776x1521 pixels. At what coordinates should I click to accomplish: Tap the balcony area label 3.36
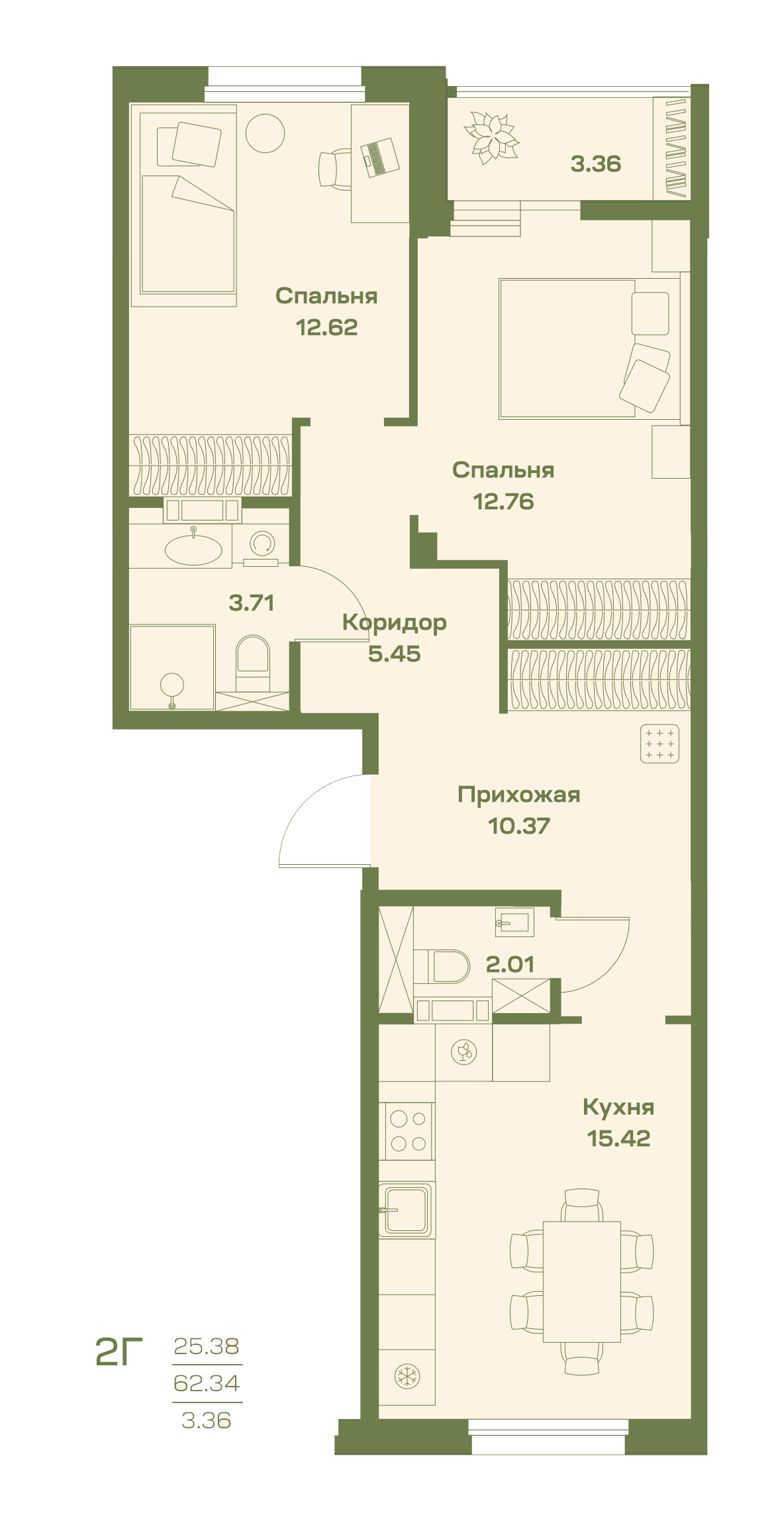[596, 164]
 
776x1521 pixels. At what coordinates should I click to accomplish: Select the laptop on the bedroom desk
[379, 157]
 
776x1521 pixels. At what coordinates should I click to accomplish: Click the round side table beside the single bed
[265, 133]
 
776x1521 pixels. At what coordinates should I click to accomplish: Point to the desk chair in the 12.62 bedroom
[335, 169]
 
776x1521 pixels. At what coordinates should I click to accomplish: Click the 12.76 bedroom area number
[503, 501]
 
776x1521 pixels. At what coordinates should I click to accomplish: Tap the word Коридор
[395, 623]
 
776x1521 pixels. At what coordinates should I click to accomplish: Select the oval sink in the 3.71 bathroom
[193, 549]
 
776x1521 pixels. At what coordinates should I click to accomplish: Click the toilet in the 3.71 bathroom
[253, 663]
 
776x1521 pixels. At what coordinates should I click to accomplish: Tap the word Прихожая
[519, 795]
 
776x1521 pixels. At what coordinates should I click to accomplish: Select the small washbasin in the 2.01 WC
[514, 922]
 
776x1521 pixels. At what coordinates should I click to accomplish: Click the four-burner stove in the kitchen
[407, 1131]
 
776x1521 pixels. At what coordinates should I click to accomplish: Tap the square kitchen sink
[407, 1210]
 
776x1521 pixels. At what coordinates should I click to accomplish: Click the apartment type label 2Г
[119, 1351]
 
